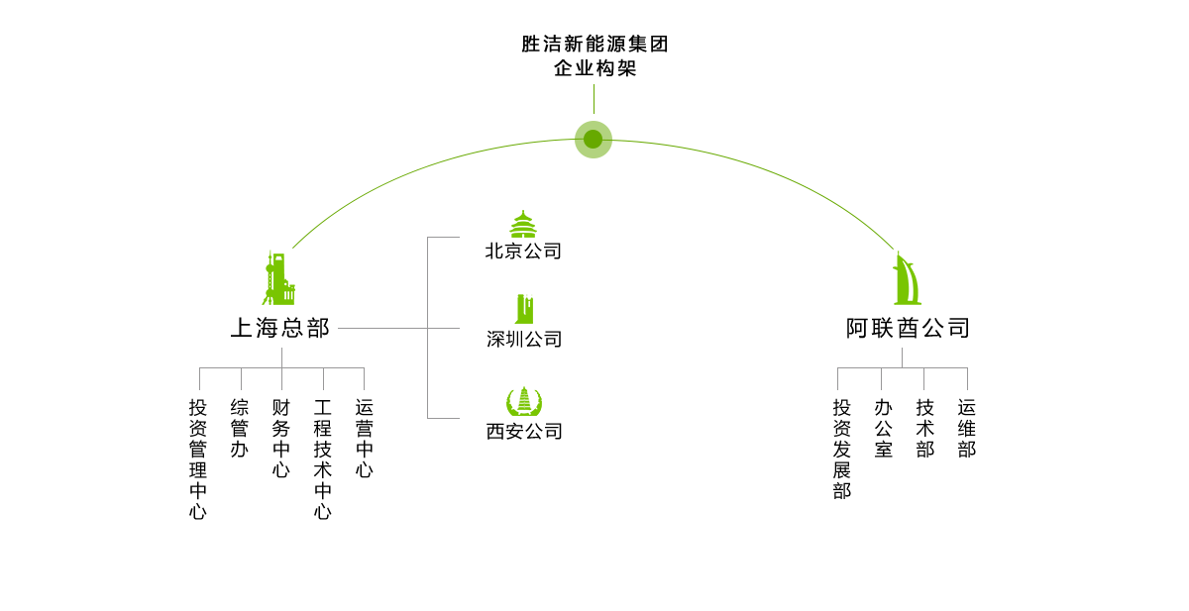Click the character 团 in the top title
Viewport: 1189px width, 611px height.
pyautogui.click(x=658, y=45)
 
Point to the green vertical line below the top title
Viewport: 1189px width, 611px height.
pyautogui.click(x=594, y=98)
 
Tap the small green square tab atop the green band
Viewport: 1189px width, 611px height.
pyautogui.click(x=593, y=127)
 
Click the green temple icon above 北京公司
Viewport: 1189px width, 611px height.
pyautogui.click(x=523, y=224)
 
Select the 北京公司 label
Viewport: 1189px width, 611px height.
pyautogui.click(x=524, y=251)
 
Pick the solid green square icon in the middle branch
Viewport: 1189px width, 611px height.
pyautogui.click(x=523, y=309)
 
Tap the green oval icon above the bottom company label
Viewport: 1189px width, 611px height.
pyautogui.click(x=524, y=401)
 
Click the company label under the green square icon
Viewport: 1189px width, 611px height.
pyautogui.click(x=524, y=340)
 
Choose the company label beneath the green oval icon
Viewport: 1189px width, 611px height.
pyautogui.click(x=524, y=432)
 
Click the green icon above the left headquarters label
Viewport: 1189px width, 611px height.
pyautogui.click(x=278, y=277)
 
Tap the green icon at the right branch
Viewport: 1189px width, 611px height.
pyautogui.click(x=906, y=277)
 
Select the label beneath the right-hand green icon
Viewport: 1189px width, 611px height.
pyautogui.click(x=907, y=328)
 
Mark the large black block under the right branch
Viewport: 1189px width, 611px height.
pyautogui.click(x=902, y=449)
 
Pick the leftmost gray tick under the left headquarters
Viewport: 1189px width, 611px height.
pyautogui.click(x=199, y=379)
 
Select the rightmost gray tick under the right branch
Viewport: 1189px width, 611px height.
pyautogui.click(x=966, y=379)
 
